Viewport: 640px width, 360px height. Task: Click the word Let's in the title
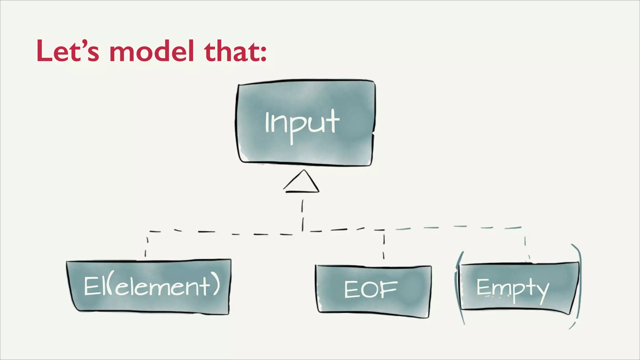point(67,51)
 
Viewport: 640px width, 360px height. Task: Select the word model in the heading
point(152,51)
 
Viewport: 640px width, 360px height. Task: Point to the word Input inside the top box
point(302,123)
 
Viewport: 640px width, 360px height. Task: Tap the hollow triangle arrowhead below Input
point(302,183)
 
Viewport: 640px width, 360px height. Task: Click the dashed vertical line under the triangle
point(302,216)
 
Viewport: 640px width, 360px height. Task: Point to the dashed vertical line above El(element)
point(146,247)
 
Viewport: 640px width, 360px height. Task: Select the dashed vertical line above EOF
point(384,247)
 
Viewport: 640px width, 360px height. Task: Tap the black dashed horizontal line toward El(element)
point(219,232)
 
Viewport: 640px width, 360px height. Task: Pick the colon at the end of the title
point(263,52)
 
